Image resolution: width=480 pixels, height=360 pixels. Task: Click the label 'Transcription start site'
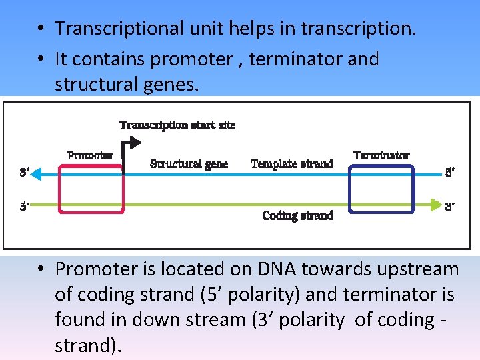click(177, 125)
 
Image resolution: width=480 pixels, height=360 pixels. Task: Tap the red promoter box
click(91, 189)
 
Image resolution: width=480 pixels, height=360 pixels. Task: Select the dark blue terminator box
click(381, 189)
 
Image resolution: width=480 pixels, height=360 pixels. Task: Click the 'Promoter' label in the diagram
click(90, 155)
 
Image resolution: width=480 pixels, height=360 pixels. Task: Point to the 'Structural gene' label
click(189, 164)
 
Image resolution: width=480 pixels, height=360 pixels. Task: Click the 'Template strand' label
click(291, 164)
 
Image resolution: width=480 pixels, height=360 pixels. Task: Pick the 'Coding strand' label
click(297, 215)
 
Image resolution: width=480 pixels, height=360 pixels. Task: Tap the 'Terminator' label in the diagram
click(381, 155)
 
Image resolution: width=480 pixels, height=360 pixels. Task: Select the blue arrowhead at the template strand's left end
click(38, 174)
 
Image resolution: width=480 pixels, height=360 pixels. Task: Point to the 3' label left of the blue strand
click(24, 173)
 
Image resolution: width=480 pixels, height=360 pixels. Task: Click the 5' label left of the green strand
click(24, 206)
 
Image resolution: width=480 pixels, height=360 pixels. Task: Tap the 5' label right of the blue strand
click(451, 173)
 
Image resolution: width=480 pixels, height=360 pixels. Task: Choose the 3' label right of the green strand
click(451, 207)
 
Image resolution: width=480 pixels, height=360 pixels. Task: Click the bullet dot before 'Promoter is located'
click(41, 269)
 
